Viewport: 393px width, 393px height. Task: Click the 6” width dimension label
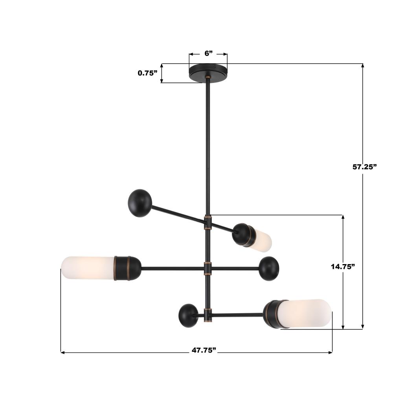point(209,53)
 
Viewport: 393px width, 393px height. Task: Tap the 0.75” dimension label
point(147,73)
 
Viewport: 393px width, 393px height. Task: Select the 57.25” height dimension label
point(365,167)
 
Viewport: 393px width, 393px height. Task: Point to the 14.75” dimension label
point(343,267)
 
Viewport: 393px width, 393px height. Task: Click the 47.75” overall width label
point(204,350)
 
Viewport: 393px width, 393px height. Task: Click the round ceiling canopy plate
point(208,72)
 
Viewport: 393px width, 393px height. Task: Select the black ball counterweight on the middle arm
point(269,268)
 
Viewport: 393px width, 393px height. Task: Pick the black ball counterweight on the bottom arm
point(188,316)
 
